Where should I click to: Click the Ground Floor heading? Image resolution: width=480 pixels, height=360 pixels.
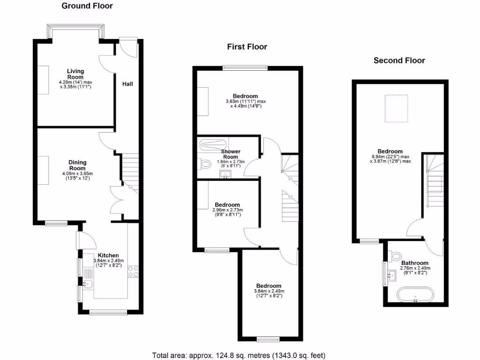[x=87, y=6]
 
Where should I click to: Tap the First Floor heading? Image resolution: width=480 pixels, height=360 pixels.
[x=247, y=46]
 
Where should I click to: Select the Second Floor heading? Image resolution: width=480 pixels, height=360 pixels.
[x=399, y=60]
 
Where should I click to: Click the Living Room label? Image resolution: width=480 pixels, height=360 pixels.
[x=75, y=74]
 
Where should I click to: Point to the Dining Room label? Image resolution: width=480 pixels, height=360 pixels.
[x=77, y=165]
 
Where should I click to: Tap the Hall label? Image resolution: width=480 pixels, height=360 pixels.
[x=127, y=84]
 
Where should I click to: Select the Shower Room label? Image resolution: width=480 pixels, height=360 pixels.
[x=231, y=154]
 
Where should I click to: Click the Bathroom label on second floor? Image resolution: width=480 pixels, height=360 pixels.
[x=414, y=263]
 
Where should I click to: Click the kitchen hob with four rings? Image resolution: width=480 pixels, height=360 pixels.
[x=133, y=270]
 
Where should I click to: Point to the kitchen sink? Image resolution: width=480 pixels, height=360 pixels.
[x=87, y=284]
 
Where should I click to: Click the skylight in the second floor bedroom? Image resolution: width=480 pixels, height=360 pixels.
[x=396, y=108]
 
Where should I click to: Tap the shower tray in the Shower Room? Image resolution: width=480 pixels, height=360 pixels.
[x=212, y=144]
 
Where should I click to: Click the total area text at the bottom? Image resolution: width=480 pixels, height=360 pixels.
[x=239, y=355]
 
